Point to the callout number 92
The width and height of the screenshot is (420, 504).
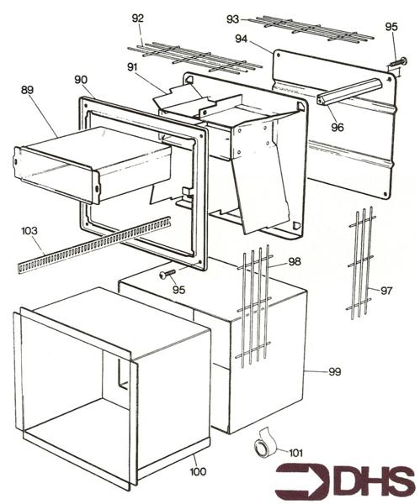pos(138,17)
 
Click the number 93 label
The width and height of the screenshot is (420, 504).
pos(233,18)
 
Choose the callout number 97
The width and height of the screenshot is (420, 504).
pos(386,291)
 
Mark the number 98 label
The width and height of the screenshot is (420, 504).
pos(294,262)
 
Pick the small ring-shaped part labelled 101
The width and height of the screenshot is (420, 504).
pos(263,446)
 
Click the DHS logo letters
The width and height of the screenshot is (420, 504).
pos(370,482)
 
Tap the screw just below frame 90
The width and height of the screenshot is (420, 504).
pos(167,275)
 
